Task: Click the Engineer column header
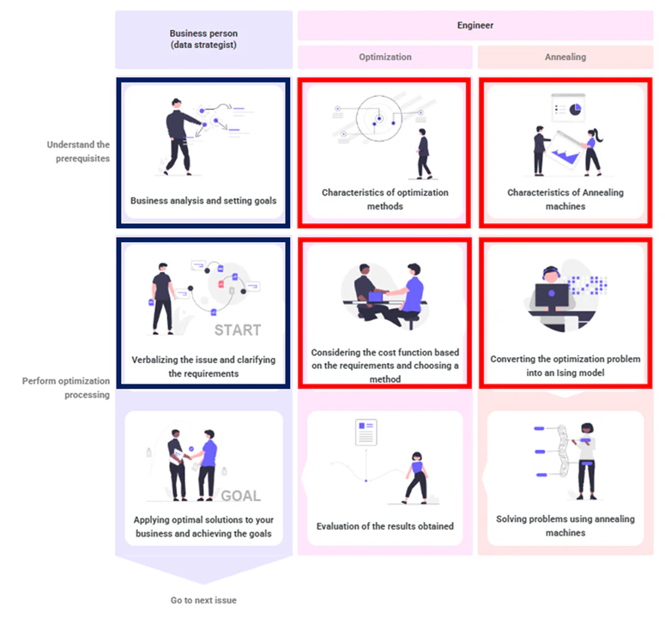[x=475, y=26]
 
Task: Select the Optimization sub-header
[x=384, y=58]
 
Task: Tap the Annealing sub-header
[x=565, y=58]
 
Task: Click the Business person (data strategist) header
[x=203, y=39]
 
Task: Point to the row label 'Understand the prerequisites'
[x=78, y=151]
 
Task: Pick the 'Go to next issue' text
[x=203, y=600]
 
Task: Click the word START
[x=238, y=330]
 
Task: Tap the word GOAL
[x=240, y=496]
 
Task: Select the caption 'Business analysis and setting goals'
[x=203, y=201]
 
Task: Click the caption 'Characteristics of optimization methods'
[x=384, y=199]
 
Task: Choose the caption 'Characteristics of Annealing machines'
[x=565, y=199]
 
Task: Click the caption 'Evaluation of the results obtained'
[x=384, y=526]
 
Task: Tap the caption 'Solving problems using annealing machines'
[x=565, y=525]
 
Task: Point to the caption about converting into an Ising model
[x=565, y=366]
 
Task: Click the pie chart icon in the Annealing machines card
[x=576, y=108]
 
